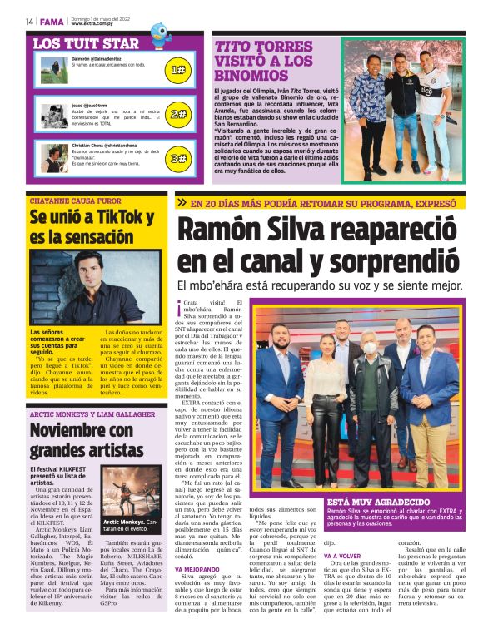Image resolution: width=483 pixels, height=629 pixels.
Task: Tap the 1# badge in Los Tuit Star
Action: (177, 70)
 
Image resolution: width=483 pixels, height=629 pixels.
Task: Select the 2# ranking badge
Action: (177, 114)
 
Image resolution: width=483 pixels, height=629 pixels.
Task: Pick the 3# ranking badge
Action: (177, 157)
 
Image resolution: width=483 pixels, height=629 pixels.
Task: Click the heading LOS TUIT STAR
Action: (86, 42)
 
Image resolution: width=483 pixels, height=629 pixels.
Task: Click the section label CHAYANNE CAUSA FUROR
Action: (76, 201)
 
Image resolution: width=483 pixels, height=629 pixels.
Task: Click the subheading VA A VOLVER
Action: (341, 555)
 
